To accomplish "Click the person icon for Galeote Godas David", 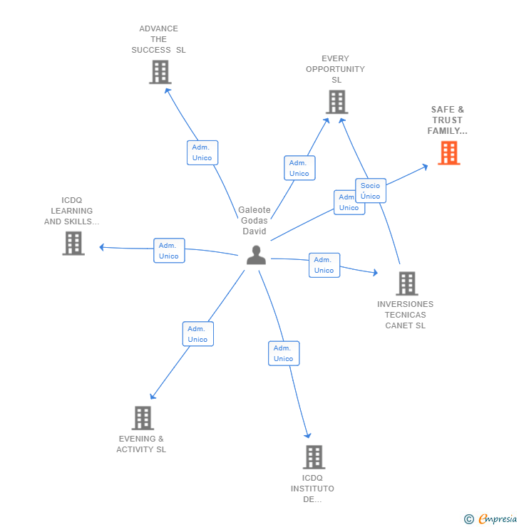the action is pyautogui.click(x=256, y=255).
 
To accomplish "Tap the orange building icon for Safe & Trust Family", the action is pyautogui.click(x=448, y=153).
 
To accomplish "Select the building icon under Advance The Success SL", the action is pyautogui.click(x=160, y=72).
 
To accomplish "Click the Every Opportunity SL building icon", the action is pyautogui.click(x=336, y=102).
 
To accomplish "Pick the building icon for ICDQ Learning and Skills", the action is pyautogui.click(x=73, y=244).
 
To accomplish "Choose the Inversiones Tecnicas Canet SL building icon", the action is pyautogui.click(x=406, y=283).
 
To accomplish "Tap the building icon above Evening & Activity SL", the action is pyautogui.click(x=143, y=418).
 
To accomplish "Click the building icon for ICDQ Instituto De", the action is pyautogui.click(x=314, y=457).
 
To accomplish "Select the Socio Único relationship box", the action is pyautogui.click(x=371, y=191).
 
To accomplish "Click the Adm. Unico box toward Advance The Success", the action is pyautogui.click(x=202, y=152).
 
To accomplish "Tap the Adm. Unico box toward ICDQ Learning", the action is pyautogui.click(x=169, y=251).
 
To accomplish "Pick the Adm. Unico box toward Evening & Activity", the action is pyautogui.click(x=197, y=334).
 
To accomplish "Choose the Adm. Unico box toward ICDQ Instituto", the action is pyautogui.click(x=284, y=353).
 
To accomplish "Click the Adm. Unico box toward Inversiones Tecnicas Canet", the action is pyautogui.click(x=324, y=265).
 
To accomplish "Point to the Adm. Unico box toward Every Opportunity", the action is pyautogui.click(x=299, y=168).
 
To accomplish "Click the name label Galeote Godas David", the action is pyautogui.click(x=255, y=221).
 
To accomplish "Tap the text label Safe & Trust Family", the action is pyautogui.click(x=447, y=120).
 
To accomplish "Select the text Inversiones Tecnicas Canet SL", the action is pyautogui.click(x=405, y=315).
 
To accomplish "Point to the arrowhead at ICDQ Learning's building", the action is pyautogui.click(x=102, y=247).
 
